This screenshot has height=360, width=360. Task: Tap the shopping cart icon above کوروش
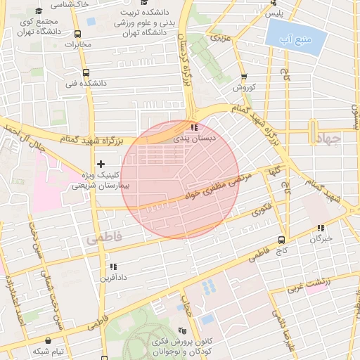pos(243,77)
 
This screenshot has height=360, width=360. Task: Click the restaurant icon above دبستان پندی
pos(193,128)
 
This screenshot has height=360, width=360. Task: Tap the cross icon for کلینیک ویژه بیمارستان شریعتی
pos(101,163)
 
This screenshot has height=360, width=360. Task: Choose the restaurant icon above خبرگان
pos(321,228)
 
